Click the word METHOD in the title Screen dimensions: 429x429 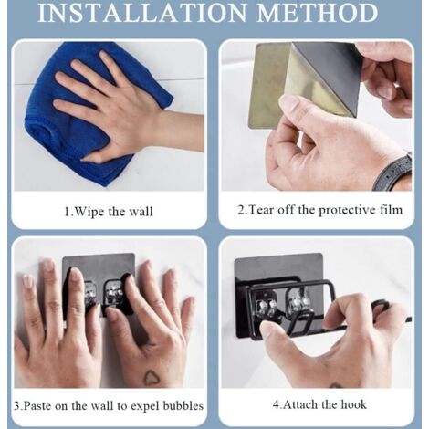coord(318,13)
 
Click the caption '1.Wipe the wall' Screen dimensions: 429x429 coord(109,212)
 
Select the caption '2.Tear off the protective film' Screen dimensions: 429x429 coord(320,210)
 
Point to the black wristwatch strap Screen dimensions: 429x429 coord(392,173)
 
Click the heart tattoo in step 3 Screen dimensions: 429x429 coord(152,378)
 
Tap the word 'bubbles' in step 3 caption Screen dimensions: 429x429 coord(183,405)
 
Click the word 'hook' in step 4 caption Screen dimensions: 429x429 coord(353,404)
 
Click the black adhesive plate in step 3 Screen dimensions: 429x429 coord(99,267)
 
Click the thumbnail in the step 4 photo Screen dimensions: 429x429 coord(267,327)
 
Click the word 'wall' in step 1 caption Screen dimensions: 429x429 coord(141,212)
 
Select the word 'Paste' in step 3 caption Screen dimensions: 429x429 coord(37,406)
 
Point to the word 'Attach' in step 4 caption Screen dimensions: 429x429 coord(300,404)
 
